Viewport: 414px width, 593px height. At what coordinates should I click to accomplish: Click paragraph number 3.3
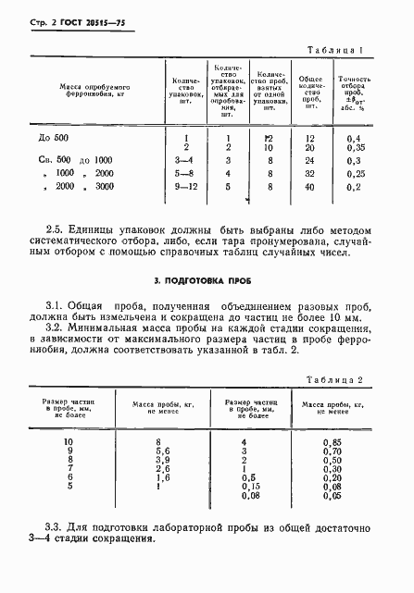pyautogui.click(x=55, y=526)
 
